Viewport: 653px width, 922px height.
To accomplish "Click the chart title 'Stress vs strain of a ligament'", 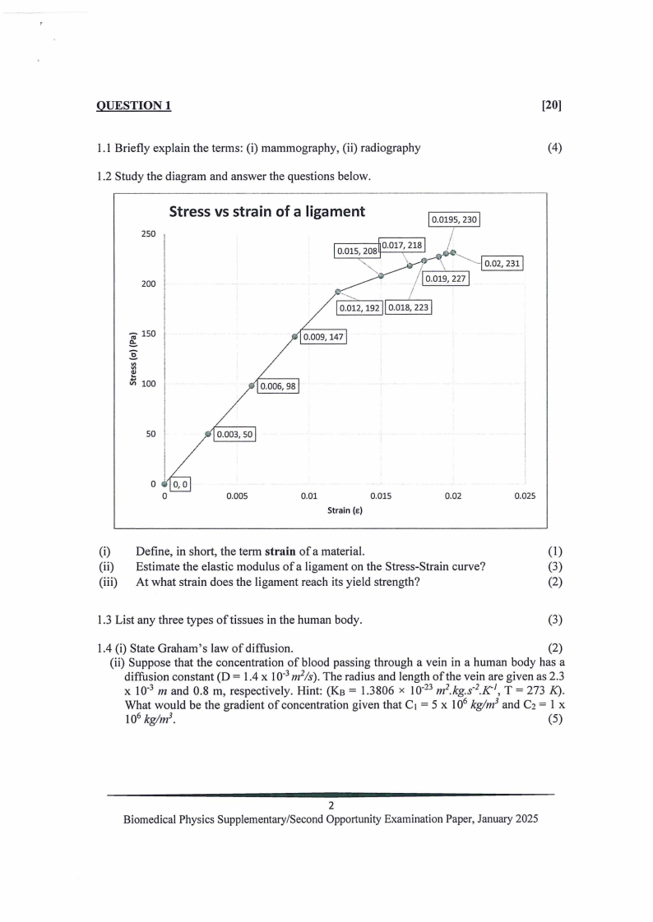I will (266, 212).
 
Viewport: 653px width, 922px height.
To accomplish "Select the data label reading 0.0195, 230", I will (454, 219).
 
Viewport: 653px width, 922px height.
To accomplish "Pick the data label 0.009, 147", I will (324, 337).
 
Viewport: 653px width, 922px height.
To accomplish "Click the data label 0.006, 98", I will (278, 387).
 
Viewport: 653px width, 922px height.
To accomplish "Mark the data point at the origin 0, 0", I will (164, 484).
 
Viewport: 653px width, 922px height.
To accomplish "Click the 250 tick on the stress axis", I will (148, 234).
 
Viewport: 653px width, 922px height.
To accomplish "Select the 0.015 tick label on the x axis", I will (381, 496).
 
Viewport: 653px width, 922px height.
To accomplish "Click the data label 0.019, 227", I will (444, 279).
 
